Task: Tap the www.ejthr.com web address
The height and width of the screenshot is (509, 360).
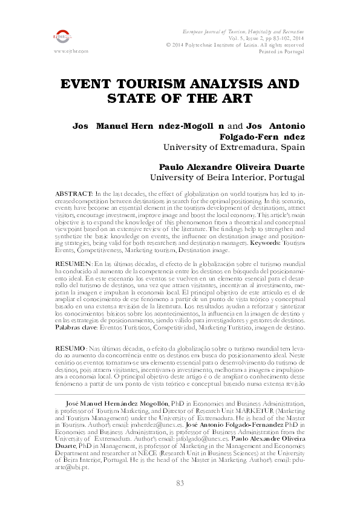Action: click(x=71, y=51)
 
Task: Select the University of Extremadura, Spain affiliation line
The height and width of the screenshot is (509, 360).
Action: click(x=235, y=147)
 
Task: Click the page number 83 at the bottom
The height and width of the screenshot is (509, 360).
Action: click(x=180, y=483)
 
